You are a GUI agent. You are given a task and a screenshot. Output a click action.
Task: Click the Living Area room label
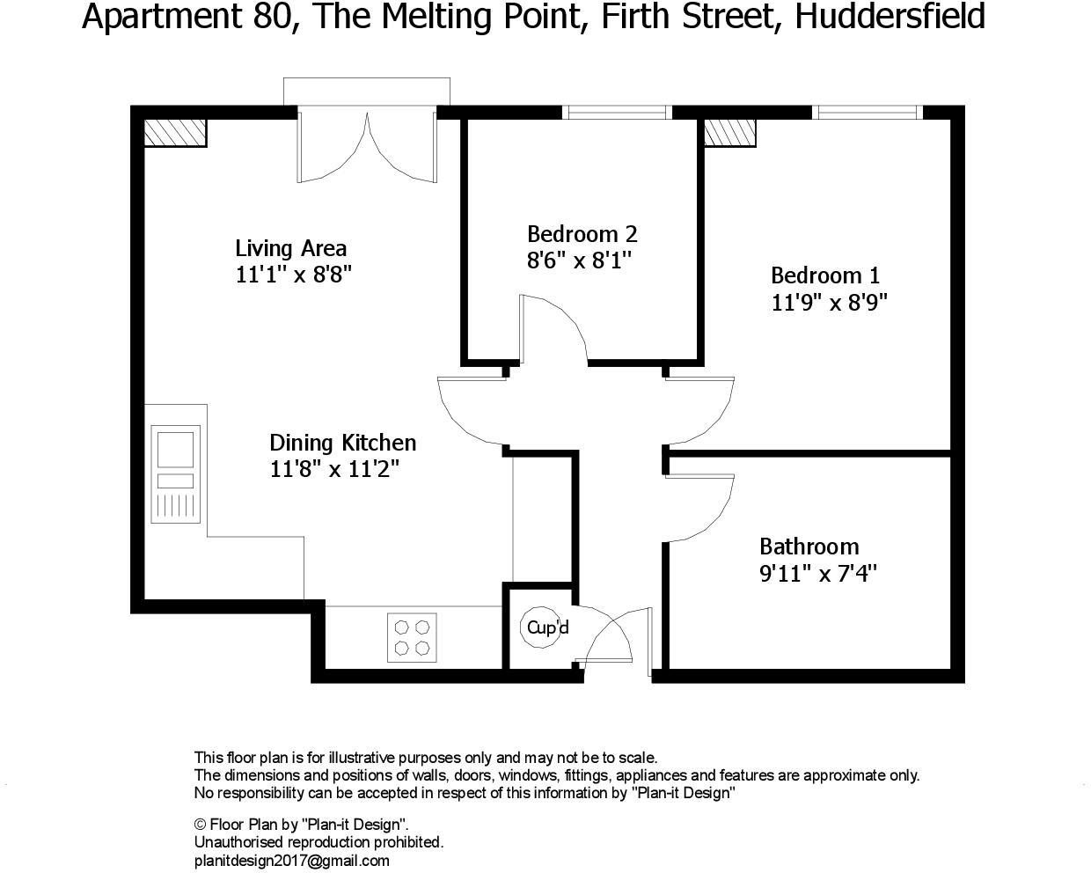290,248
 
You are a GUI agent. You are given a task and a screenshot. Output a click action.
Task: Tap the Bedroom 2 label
582,234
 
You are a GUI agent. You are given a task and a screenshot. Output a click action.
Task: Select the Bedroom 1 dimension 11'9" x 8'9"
829,303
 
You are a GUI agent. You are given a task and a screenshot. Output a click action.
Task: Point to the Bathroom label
809,547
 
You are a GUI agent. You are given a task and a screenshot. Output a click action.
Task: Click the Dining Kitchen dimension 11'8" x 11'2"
334,470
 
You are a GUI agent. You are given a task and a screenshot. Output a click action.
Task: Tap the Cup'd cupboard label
547,627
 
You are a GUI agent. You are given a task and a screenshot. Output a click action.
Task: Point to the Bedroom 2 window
617,112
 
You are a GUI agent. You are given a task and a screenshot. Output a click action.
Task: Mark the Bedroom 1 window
868,112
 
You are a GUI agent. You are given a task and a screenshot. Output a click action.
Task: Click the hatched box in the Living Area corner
174,132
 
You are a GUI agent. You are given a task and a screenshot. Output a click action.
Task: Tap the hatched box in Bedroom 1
729,132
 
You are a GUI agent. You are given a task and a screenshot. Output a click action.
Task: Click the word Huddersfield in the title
890,17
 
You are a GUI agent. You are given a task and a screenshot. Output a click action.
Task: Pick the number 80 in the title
264,17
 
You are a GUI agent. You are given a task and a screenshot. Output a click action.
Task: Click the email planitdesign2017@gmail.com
291,861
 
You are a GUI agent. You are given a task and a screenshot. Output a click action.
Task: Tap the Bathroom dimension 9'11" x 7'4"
818,575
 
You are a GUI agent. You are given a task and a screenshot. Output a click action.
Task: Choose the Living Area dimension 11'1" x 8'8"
294,275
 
